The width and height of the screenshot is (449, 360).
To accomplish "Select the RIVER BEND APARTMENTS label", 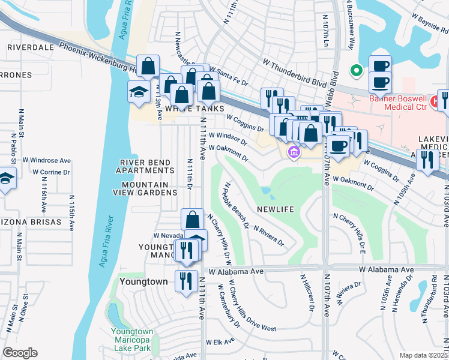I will (x=148, y=167).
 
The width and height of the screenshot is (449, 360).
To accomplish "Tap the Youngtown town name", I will (x=143, y=281).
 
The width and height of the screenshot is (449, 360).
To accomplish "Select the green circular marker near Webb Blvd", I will (x=357, y=71).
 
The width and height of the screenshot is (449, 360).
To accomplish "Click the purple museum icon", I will (x=293, y=152).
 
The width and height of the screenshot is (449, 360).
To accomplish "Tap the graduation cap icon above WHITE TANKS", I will (x=138, y=92).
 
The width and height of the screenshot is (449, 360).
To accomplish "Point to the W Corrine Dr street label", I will (x=51, y=172).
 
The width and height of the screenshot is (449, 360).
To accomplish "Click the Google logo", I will (x=20, y=353).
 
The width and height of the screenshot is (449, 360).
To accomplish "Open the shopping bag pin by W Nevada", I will (x=191, y=219).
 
